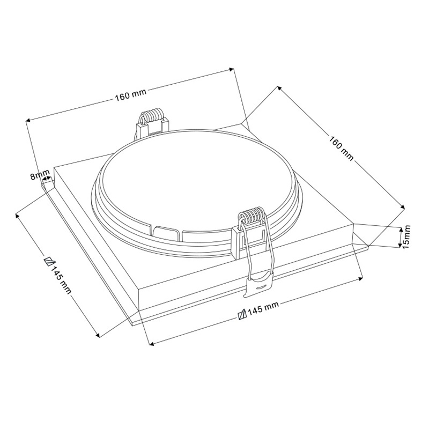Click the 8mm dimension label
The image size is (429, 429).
tap(40, 175)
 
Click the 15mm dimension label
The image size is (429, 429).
tap(406, 236)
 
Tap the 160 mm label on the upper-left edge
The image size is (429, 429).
tap(131, 94)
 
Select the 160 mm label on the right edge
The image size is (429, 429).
tap(341, 148)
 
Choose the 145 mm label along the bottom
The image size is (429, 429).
tap(263, 308)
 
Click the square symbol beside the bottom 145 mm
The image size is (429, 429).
tap(242, 314)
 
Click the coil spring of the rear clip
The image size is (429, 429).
tap(153, 115)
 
